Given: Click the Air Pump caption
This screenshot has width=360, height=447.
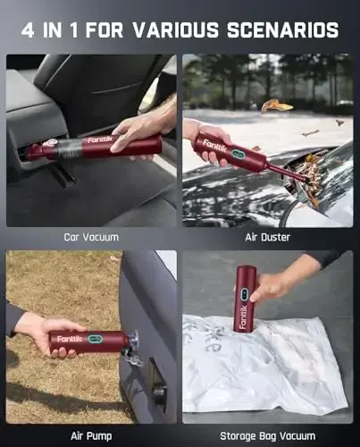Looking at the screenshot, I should [x=91, y=435].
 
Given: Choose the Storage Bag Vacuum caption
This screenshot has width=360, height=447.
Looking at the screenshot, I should [x=268, y=435].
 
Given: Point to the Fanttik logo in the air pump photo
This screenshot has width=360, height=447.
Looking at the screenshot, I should [x=69, y=340].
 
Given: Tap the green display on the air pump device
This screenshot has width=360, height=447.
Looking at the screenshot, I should [x=94, y=339].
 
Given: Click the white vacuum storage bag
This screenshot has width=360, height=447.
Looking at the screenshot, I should [x=268, y=367].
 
